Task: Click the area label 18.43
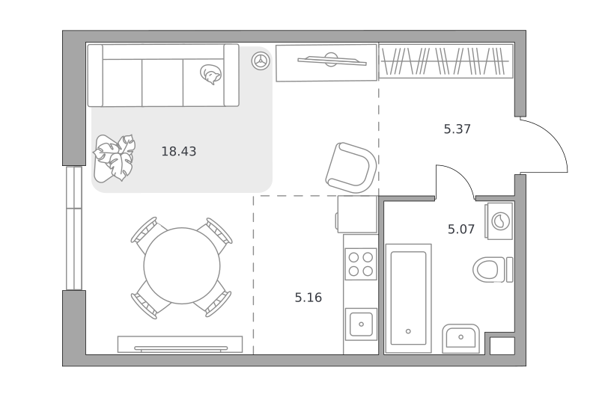pyautogui.click(x=179, y=152)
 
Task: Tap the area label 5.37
pyautogui.click(x=457, y=129)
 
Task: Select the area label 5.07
pyautogui.click(x=461, y=230)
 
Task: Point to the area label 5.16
pyautogui.click(x=308, y=298)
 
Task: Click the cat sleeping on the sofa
pyautogui.click(x=210, y=74)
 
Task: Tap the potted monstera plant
pyautogui.click(x=115, y=157)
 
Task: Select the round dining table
pyautogui.click(x=182, y=266)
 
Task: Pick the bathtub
pyautogui.click(x=408, y=298)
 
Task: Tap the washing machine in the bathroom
pyautogui.click(x=499, y=221)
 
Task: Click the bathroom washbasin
pyautogui.click(x=460, y=339)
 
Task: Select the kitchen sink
pyautogui.click(x=361, y=324)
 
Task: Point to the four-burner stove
pyautogui.click(x=361, y=264)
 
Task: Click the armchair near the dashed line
pyautogui.click(x=351, y=167)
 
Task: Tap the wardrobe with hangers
pyautogui.click(x=446, y=61)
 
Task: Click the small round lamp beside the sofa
pyautogui.click(x=261, y=61)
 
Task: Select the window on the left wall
pyautogui.click(x=74, y=228)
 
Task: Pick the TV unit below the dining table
pyautogui.click(x=180, y=345)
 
